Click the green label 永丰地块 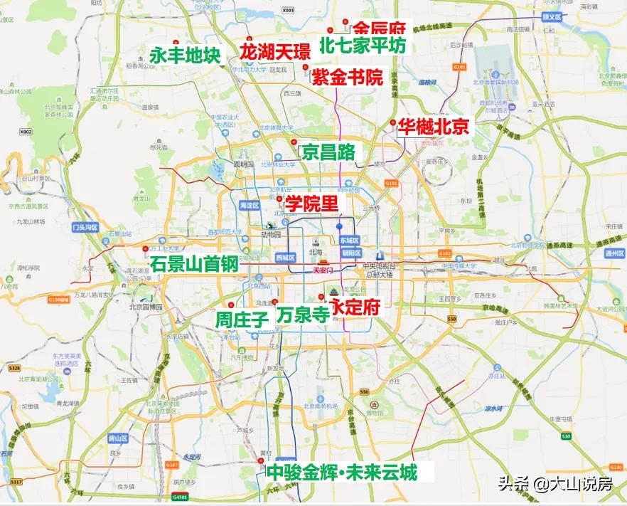[x=186, y=55]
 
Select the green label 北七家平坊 [x=363, y=46]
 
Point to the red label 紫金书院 [x=346, y=77]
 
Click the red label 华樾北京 [x=434, y=127]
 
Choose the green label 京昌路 [x=328, y=152]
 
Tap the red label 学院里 [x=311, y=204]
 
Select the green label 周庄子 [x=242, y=320]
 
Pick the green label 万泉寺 [x=303, y=314]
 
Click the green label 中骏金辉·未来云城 [x=341, y=472]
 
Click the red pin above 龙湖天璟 [x=248, y=40]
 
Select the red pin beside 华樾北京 [x=392, y=123]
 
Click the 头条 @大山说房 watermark [x=554, y=485]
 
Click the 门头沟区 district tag [x=85, y=228]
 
